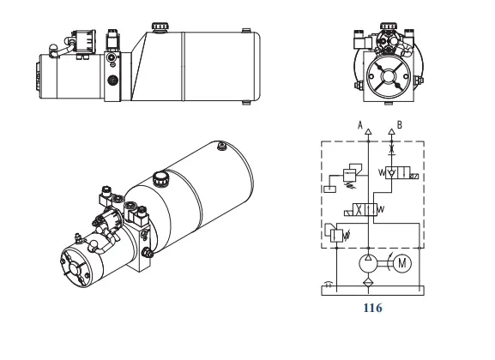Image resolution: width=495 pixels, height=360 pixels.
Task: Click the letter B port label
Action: (401, 124)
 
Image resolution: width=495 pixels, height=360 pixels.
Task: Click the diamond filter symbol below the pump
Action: (368, 282)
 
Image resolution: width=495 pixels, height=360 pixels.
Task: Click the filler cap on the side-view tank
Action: (159, 28)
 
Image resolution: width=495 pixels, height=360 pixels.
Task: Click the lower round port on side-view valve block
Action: (113, 80)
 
